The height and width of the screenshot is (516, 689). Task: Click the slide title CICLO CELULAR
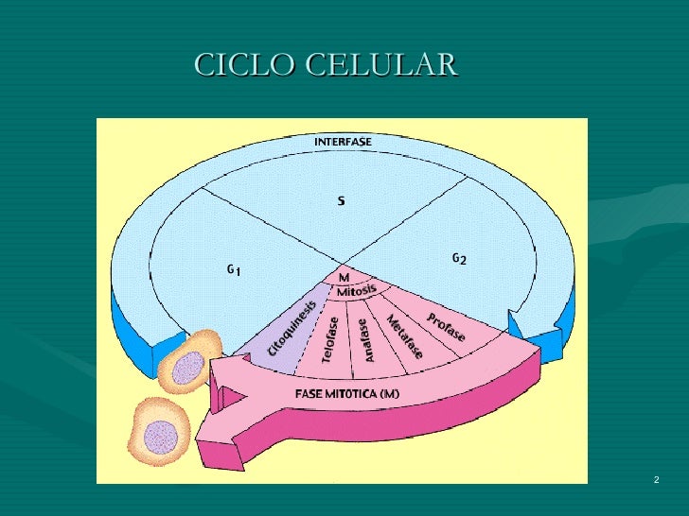(326, 65)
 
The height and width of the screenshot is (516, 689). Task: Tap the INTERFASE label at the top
(343, 142)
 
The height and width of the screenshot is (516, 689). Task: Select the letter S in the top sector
(341, 200)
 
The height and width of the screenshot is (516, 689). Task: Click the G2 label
(458, 258)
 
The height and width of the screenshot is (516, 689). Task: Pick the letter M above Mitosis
(344, 278)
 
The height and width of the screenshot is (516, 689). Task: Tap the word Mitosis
(357, 290)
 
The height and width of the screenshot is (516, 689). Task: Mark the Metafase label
(404, 335)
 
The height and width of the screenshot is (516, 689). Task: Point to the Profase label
(444, 327)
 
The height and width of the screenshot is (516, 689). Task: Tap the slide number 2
(656, 482)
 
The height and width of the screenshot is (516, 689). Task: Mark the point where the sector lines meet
(343, 264)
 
